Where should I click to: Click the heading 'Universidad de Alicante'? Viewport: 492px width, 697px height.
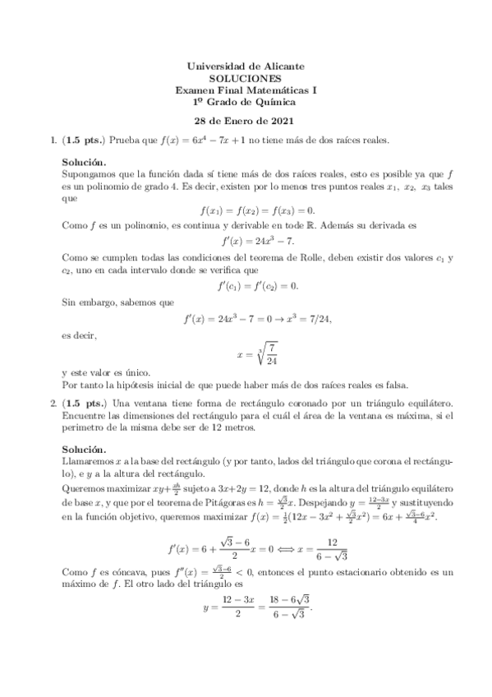246,65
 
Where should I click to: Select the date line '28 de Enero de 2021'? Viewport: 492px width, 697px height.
246,121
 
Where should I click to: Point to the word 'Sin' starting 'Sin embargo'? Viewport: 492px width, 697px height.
69,302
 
